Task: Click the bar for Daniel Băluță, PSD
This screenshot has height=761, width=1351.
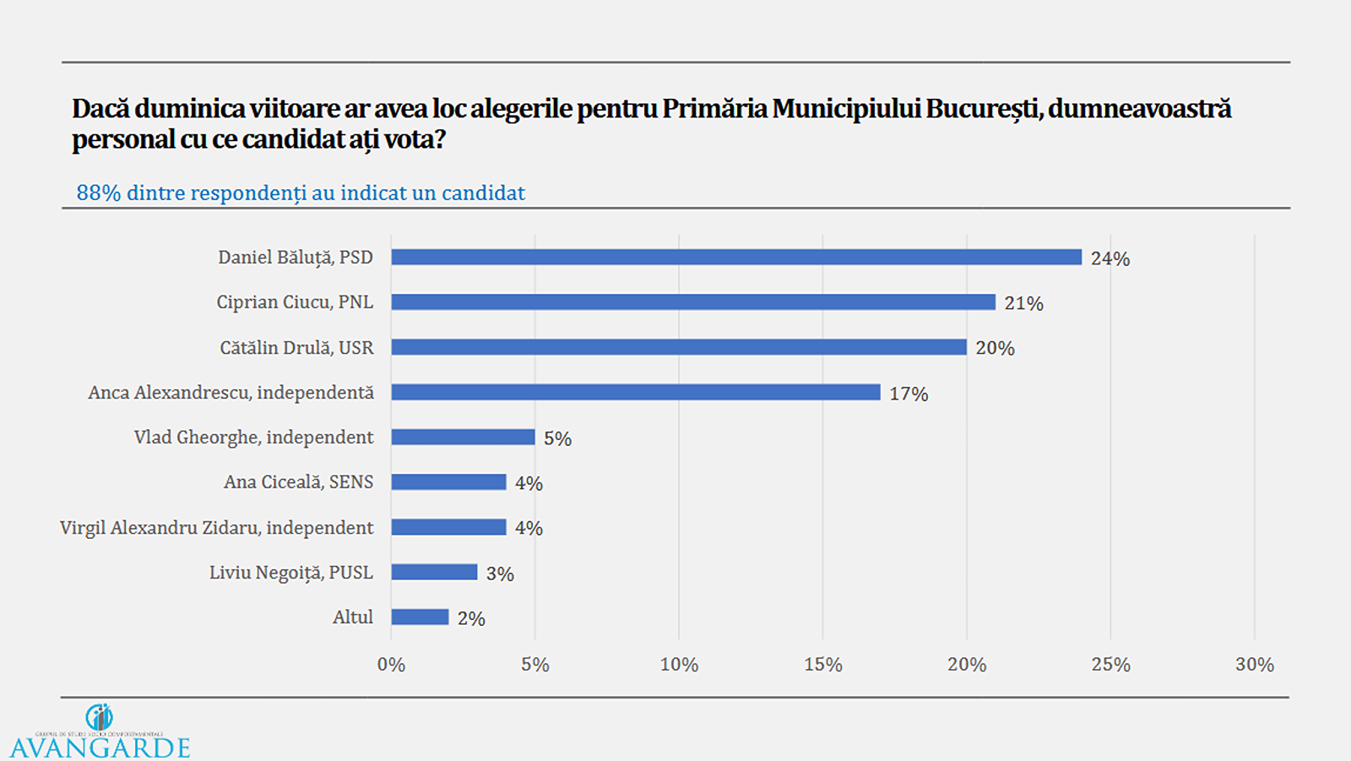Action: click(x=735, y=258)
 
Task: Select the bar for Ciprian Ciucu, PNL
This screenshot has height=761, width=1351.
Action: click(x=692, y=302)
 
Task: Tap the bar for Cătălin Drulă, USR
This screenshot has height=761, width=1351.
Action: click(x=678, y=347)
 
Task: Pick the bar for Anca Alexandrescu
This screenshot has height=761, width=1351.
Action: click(x=635, y=392)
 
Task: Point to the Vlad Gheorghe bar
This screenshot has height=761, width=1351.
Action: click(x=463, y=437)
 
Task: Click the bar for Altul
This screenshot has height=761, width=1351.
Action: click(x=420, y=617)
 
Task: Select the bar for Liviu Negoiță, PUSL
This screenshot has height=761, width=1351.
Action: click(x=434, y=572)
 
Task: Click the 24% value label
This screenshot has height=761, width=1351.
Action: click(x=1110, y=258)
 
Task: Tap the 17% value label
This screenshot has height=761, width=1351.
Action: click(x=909, y=394)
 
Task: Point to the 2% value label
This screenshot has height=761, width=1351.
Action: click(x=471, y=618)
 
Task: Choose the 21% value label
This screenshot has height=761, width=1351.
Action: click(x=1023, y=303)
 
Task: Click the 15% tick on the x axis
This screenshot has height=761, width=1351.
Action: click(x=822, y=665)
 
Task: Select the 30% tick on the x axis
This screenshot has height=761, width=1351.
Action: click(x=1254, y=665)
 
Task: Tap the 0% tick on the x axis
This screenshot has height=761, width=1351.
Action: click(x=391, y=665)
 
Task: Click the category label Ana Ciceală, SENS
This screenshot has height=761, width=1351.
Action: click(x=298, y=482)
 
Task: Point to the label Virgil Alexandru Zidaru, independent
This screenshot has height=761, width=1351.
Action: click(x=216, y=528)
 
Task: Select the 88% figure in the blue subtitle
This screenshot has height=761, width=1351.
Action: click(x=99, y=193)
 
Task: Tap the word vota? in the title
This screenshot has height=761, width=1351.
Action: click(x=414, y=139)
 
